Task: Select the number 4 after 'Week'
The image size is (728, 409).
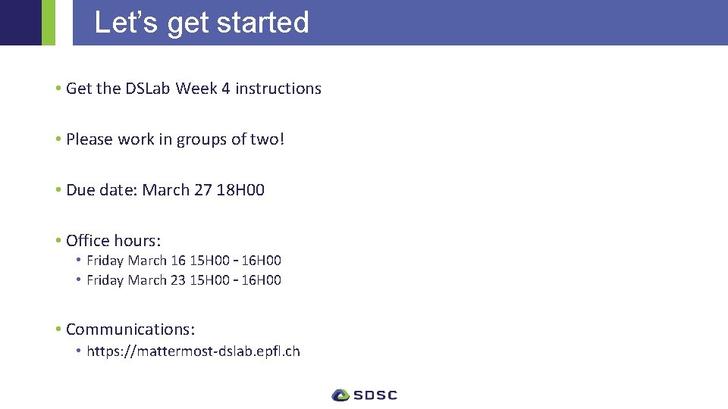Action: (x=225, y=89)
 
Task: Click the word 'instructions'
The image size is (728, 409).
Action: (x=278, y=89)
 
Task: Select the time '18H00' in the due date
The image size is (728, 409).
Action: (x=240, y=190)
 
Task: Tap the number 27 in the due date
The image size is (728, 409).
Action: (x=203, y=190)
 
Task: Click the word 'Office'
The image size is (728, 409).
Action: (x=88, y=241)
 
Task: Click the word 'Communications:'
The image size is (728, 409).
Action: (x=130, y=329)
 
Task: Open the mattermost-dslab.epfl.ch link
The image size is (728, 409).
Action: (x=193, y=351)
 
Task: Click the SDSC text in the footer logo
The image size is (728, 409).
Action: (x=375, y=395)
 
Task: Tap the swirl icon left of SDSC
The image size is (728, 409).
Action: (x=340, y=395)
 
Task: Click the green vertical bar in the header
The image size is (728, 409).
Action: (x=48, y=23)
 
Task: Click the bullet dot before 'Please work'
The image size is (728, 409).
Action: (x=58, y=139)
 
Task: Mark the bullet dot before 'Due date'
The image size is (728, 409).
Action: (x=58, y=190)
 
